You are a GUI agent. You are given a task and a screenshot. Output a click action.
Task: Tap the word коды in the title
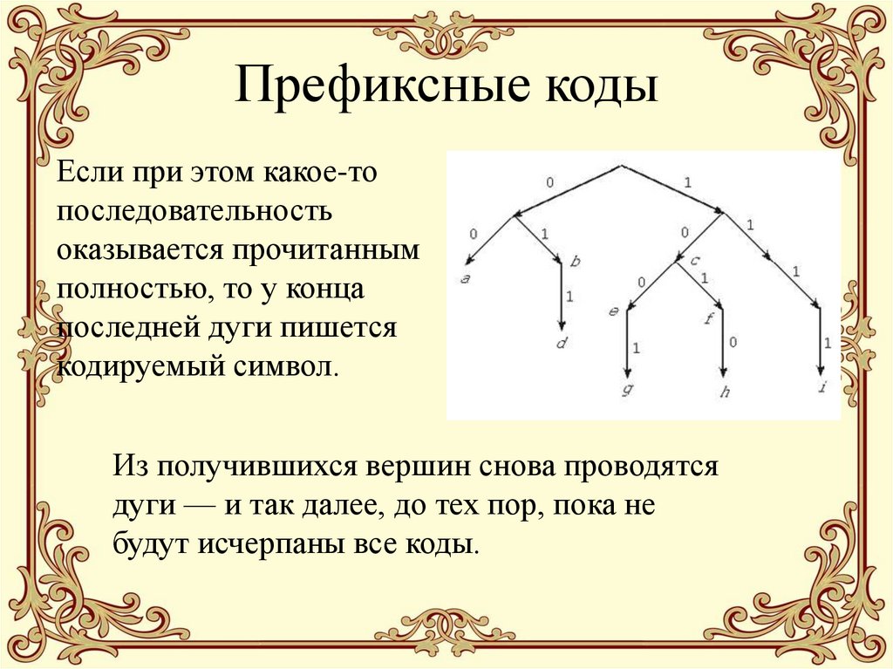click(601, 90)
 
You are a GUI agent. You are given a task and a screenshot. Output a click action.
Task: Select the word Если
click(91, 171)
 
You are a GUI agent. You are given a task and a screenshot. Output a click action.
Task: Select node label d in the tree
click(561, 344)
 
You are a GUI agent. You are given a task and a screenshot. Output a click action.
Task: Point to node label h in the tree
click(724, 392)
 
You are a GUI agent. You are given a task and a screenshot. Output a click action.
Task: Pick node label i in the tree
click(822, 389)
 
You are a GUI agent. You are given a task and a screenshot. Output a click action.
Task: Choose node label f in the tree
click(708, 317)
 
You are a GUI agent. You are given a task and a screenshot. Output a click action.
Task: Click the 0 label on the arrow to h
click(733, 343)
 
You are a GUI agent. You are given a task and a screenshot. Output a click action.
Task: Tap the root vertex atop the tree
click(621, 164)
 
